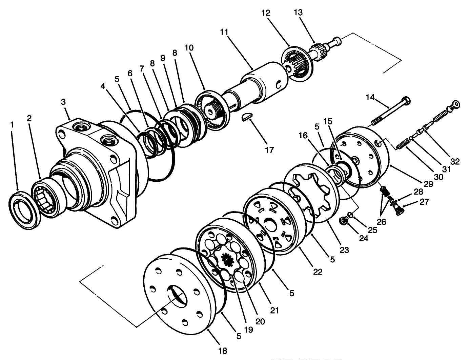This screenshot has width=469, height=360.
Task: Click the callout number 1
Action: click(x=13, y=125)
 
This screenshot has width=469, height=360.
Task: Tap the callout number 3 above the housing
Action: click(x=63, y=102)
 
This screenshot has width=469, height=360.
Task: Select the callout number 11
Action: click(x=224, y=32)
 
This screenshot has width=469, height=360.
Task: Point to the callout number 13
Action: click(x=298, y=13)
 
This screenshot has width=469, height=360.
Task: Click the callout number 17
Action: click(x=269, y=149)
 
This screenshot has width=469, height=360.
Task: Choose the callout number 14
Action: click(x=370, y=98)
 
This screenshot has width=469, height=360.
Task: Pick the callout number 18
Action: click(x=223, y=351)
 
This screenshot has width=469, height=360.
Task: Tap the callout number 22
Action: click(x=318, y=272)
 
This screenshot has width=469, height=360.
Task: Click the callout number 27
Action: click(x=424, y=202)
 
